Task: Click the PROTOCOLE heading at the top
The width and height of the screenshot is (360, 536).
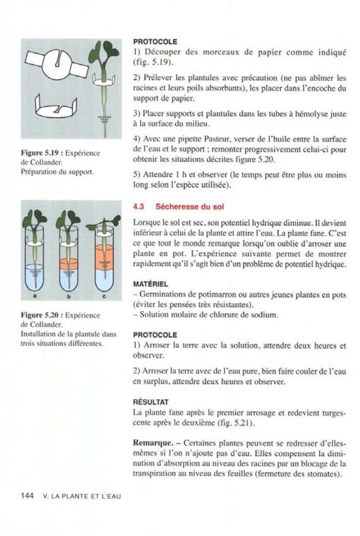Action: tap(155, 42)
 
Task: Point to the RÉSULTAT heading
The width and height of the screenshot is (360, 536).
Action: tap(152, 401)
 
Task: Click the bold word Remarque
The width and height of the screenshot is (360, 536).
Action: tap(154, 444)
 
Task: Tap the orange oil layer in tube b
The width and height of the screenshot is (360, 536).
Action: tap(68, 263)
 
